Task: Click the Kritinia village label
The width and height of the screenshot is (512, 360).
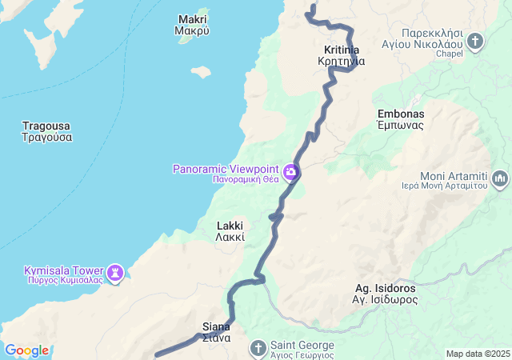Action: point(342,55)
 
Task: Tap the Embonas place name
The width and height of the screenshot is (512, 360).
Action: point(401,119)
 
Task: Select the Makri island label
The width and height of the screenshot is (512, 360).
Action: point(192,25)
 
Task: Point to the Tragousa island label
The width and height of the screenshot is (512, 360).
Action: point(47,131)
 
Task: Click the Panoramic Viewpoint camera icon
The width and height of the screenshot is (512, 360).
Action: point(291,170)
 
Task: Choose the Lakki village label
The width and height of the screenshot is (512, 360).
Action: point(230,231)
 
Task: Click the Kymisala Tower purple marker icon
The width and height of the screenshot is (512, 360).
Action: point(117,274)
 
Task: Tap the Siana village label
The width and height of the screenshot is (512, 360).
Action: point(216,332)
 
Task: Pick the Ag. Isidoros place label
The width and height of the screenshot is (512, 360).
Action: point(386,294)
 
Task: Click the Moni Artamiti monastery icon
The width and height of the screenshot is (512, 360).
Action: point(501,177)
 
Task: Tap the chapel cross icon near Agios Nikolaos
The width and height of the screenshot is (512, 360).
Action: point(476,40)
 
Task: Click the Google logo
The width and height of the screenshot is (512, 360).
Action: point(26,350)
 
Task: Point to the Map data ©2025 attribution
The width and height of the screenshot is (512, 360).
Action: point(478,354)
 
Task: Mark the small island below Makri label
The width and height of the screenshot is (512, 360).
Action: point(200,71)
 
